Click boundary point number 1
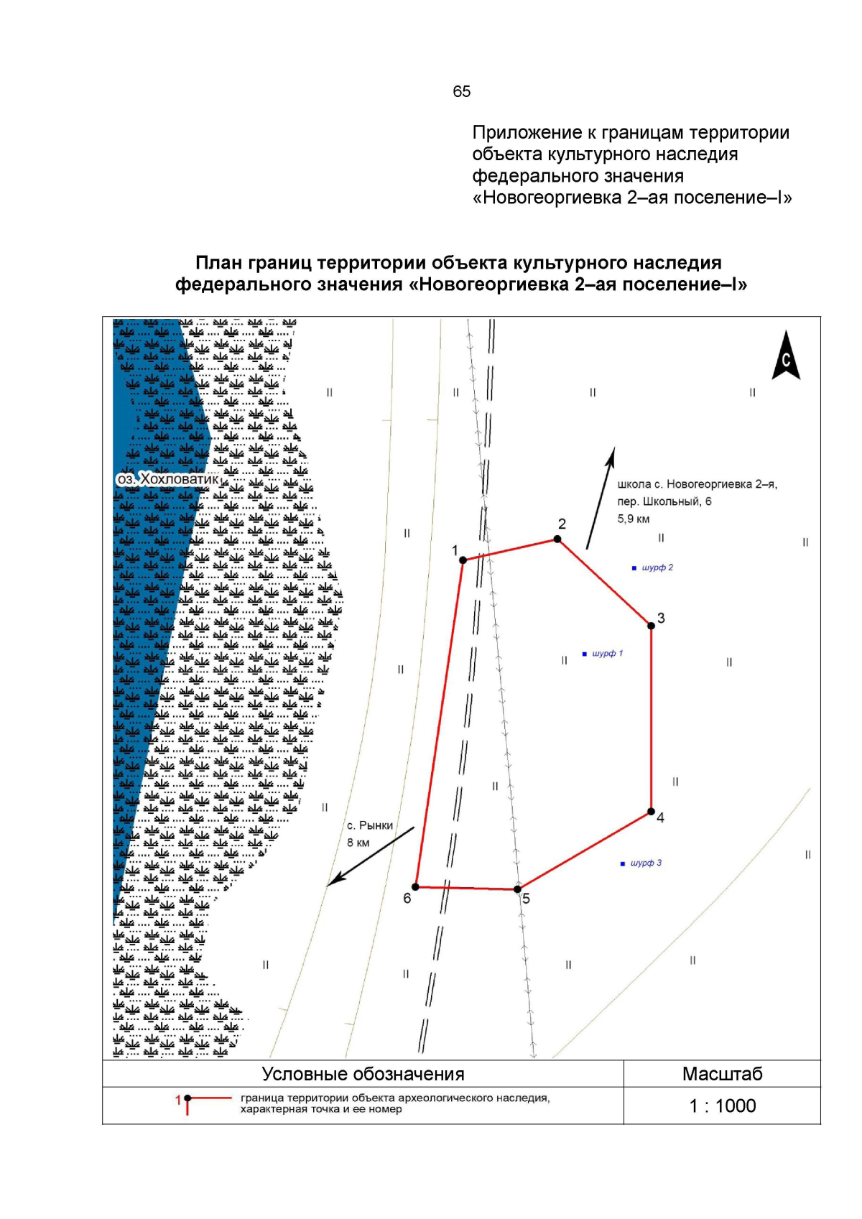(x=463, y=560)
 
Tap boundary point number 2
(x=557, y=539)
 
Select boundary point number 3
(x=652, y=626)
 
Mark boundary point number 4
(x=651, y=812)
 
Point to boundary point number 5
(x=517, y=889)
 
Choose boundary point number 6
(x=415, y=887)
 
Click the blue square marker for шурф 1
(x=585, y=654)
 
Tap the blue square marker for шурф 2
(x=634, y=568)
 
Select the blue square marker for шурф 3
(x=623, y=863)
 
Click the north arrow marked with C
(x=786, y=356)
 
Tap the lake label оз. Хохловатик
(x=168, y=479)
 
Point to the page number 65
(x=462, y=91)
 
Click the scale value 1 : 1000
(x=722, y=1106)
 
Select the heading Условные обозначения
(x=363, y=1074)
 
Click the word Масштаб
(x=722, y=1074)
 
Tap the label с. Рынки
(x=370, y=826)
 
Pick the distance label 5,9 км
(x=634, y=519)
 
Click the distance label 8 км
(x=358, y=843)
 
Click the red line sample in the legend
(x=210, y=1098)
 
